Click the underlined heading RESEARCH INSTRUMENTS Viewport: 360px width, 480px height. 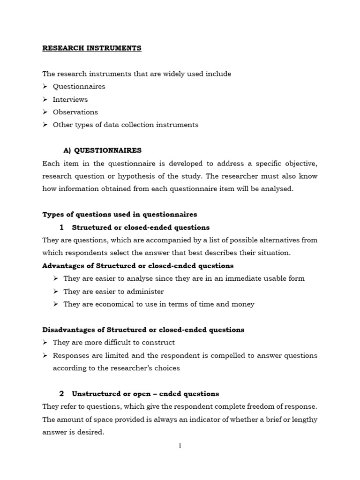[x=92, y=48]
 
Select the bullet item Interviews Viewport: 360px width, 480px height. [x=70, y=99]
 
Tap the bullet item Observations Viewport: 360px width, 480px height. [x=75, y=112]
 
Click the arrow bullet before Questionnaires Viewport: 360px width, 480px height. [x=45, y=87]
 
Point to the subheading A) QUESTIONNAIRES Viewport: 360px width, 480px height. [x=102, y=150]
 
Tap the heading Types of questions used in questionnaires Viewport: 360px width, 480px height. [x=120, y=214]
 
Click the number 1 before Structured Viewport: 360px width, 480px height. [x=61, y=227]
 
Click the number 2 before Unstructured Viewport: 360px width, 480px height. [x=61, y=394]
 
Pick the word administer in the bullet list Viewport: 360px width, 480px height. [x=145, y=291]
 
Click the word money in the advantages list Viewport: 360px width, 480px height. [x=244, y=304]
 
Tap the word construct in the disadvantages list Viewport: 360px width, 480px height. [x=158, y=343]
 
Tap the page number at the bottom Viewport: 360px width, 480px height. [x=180, y=446]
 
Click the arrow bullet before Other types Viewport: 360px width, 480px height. [x=45, y=125]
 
